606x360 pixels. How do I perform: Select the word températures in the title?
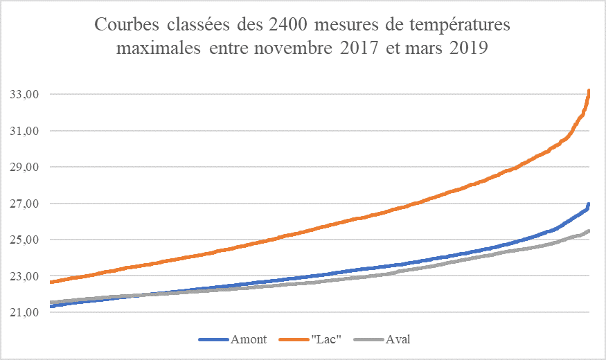pos(464,26)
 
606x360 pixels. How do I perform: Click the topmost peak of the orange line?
pos(589,91)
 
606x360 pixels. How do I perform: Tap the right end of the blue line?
pos(589,204)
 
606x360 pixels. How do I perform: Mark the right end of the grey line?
pos(589,231)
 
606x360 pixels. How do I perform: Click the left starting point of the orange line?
pos(51,282)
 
